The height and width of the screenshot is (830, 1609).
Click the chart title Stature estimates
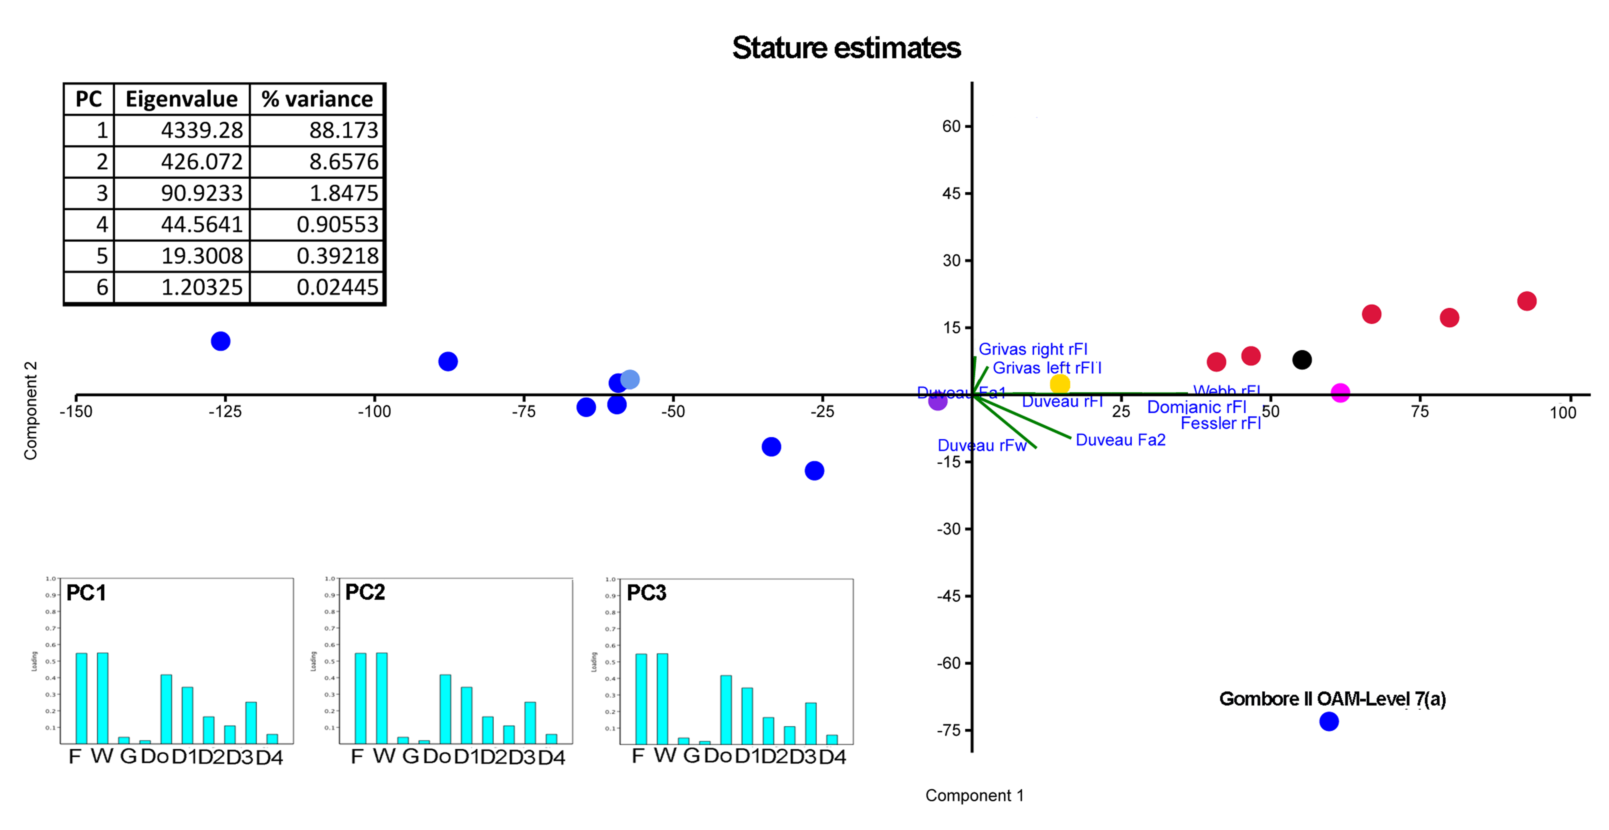[x=846, y=48]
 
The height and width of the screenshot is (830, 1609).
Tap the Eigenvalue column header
[x=181, y=99]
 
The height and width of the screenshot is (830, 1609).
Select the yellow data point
[x=1060, y=384]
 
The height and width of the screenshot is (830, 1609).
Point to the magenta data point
[x=1340, y=392]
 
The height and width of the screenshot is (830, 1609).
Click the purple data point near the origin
[x=938, y=401]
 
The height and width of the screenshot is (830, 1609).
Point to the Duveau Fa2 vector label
[x=1121, y=440]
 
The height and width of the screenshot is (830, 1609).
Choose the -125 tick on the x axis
[x=225, y=411]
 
